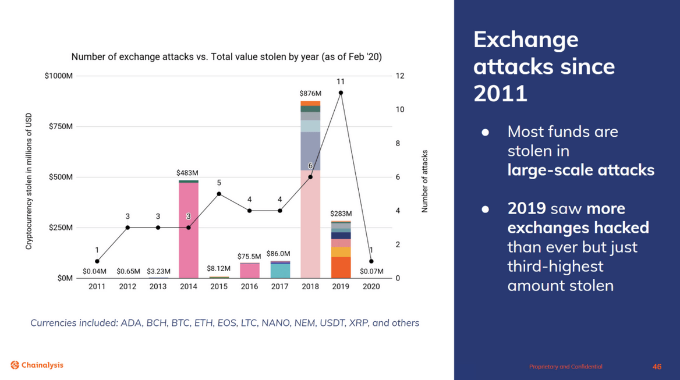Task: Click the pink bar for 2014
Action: click(x=188, y=230)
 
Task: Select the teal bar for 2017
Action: click(x=279, y=271)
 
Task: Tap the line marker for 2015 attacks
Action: click(x=219, y=194)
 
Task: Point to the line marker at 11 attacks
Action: click(x=341, y=93)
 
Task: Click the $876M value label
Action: click(x=310, y=94)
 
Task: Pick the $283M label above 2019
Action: click(x=341, y=214)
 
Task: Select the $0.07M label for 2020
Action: click(x=371, y=271)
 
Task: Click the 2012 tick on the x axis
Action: click(x=127, y=286)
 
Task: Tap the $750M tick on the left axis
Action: click(x=61, y=126)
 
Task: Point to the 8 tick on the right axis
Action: click(x=398, y=143)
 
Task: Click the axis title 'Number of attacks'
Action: click(x=424, y=181)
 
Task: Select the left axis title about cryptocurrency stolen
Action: click(x=29, y=181)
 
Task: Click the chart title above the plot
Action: click(x=226, y=57)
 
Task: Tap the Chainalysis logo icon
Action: click(x=15, y=365)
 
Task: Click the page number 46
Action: click(x=657, y=367)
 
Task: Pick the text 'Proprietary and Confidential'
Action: click(x=565, y=367)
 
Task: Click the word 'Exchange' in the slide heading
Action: click(x=526, y=40)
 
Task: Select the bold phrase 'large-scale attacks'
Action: click(x=580, y=170)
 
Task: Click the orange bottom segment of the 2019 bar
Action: click(x=341, y=268)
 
